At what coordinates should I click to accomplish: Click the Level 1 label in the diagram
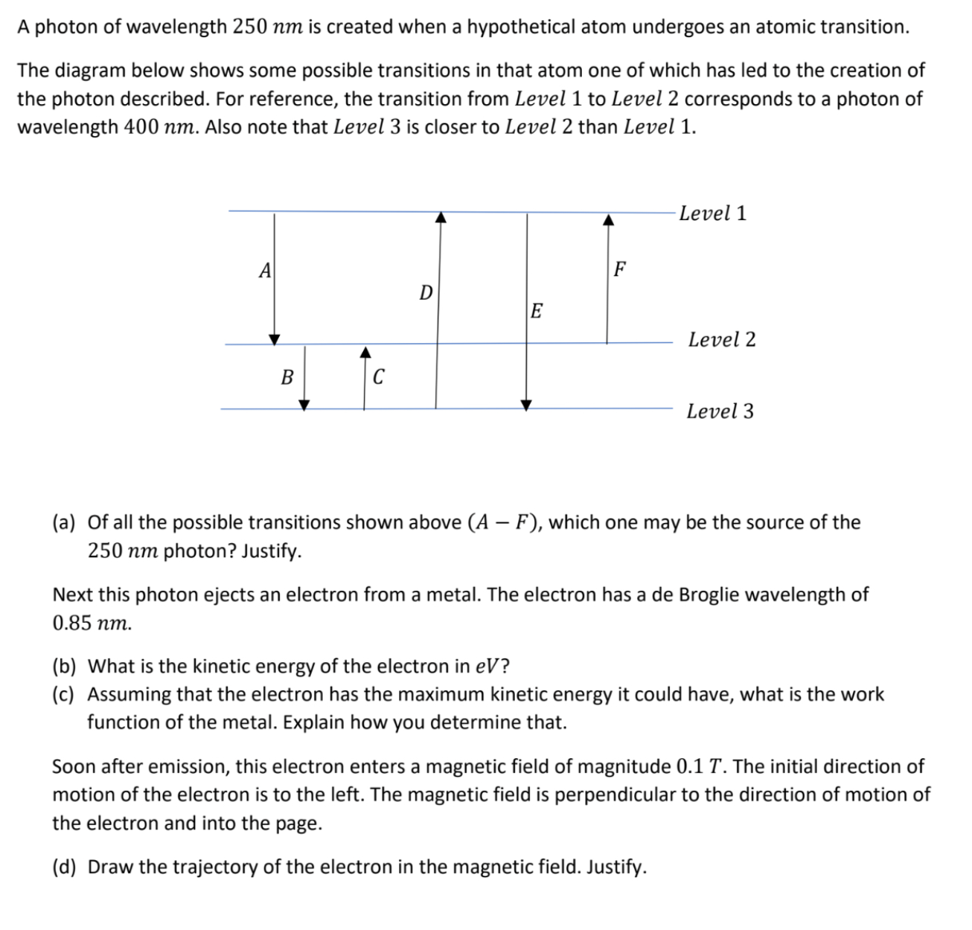(x=712, y=214)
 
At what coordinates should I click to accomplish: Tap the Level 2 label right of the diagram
(x=721, y=340)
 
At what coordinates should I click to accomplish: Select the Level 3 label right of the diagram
(x=720, y=411)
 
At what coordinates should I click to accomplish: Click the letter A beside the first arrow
(x=264, y=272)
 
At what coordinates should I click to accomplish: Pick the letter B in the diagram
(x=287, y=378)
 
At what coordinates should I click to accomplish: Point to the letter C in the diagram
(x=378, y=378)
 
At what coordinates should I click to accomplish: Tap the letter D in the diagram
(x=426, y=293)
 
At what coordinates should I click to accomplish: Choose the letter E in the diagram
(x=536, y=311)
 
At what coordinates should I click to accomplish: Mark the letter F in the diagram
(x=619, y=269)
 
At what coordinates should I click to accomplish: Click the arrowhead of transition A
(x=275, y=339)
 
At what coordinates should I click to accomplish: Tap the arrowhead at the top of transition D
(x=441, y=217)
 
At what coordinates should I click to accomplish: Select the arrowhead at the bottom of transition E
(x=526, y=405)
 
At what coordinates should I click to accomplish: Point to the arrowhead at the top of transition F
(x=608, y=219)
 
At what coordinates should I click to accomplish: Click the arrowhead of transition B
(x=304, y=405)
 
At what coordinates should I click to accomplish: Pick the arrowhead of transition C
(x=365, y=351)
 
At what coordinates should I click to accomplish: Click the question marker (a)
(x=64, y=523)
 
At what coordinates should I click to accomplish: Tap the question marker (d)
(x=64, y=868)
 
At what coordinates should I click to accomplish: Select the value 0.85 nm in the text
(x=92, y=623)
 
